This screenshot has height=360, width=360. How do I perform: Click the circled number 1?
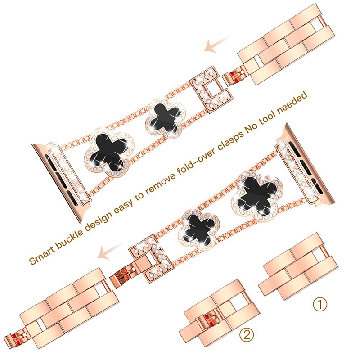[x=320, y=305]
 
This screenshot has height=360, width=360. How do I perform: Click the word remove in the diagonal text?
[x=160, y=182]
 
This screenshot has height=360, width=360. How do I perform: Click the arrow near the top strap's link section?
[x=216, y=44]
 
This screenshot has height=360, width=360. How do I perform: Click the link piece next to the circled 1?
[x=298, y=267]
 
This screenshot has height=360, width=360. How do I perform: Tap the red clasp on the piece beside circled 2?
[x=208, y=321]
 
